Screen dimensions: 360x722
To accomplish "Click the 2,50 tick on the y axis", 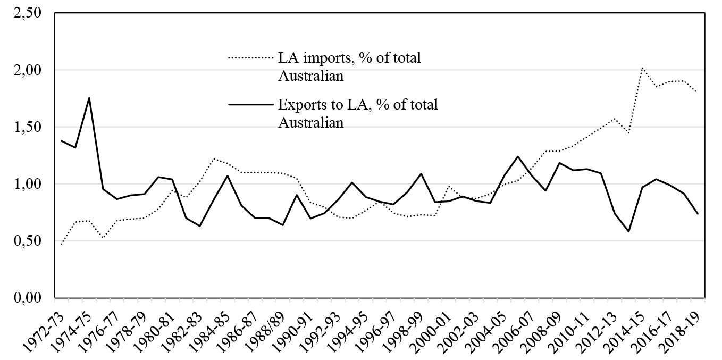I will tap(27, 13).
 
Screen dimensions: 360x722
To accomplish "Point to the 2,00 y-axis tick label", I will tap(27, 70).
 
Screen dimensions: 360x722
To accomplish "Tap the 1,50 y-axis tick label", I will tap(27, 127).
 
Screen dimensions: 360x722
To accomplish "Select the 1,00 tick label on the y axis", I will tap(27, 184).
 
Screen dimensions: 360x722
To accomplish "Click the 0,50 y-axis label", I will tap(27, 241).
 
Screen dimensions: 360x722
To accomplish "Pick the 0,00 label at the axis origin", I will tap(27, 297).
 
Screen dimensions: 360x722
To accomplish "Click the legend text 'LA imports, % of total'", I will tap(349, 58).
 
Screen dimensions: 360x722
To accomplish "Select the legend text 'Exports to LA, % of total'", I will tap(358, 104).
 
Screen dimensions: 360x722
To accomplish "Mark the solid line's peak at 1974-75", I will tap(89, 98).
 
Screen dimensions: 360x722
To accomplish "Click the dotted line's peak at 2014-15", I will tap(642, 68).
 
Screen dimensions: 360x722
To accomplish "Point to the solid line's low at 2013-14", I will tap(628, 231).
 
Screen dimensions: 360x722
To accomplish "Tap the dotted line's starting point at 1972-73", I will tap(61, 245).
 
